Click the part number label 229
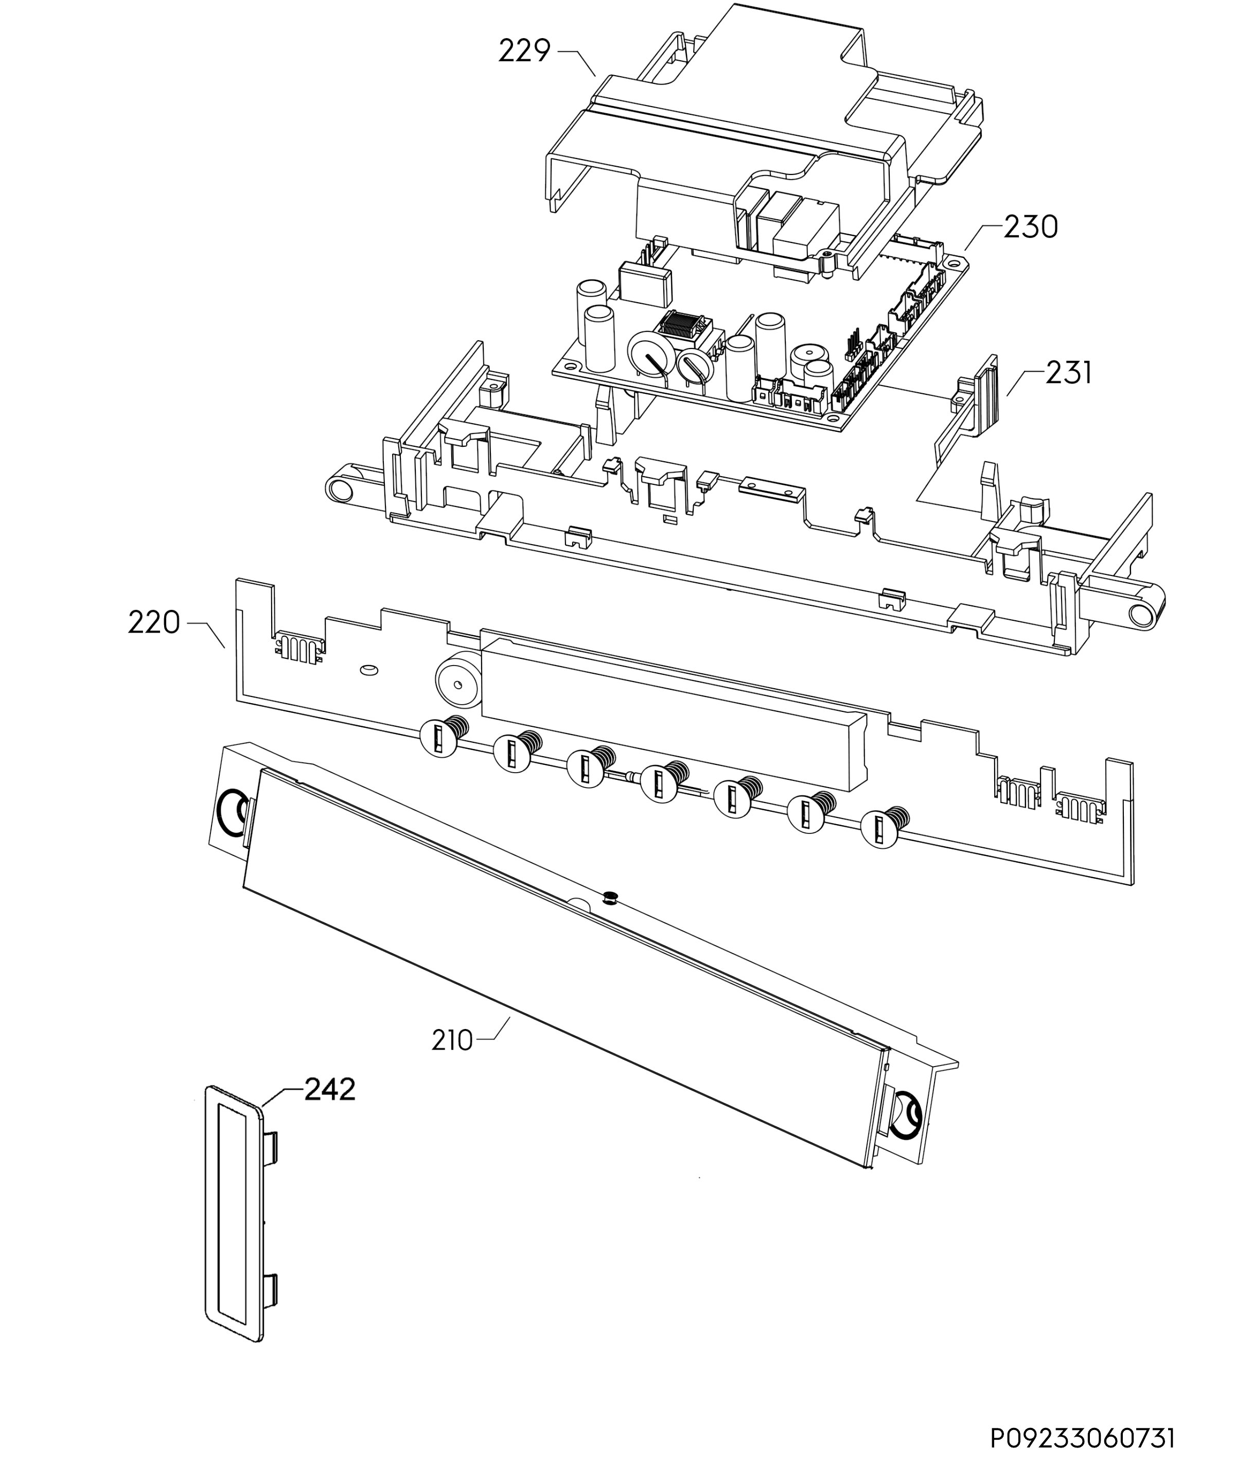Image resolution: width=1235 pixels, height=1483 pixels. pyautogui.click(x=524, y=51)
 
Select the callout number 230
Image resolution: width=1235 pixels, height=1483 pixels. pyautogui.click(x=1031, y=228)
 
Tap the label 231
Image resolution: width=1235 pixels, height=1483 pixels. pyautogui.click(x=1068, y=373)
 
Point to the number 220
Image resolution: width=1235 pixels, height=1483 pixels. pyautogui.click(x=154, y=623)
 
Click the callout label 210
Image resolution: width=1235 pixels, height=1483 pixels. pyautogui.click(x=452, y=1040)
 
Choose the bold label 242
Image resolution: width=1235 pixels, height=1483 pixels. pyautogui.click(x=330, y=1090)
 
